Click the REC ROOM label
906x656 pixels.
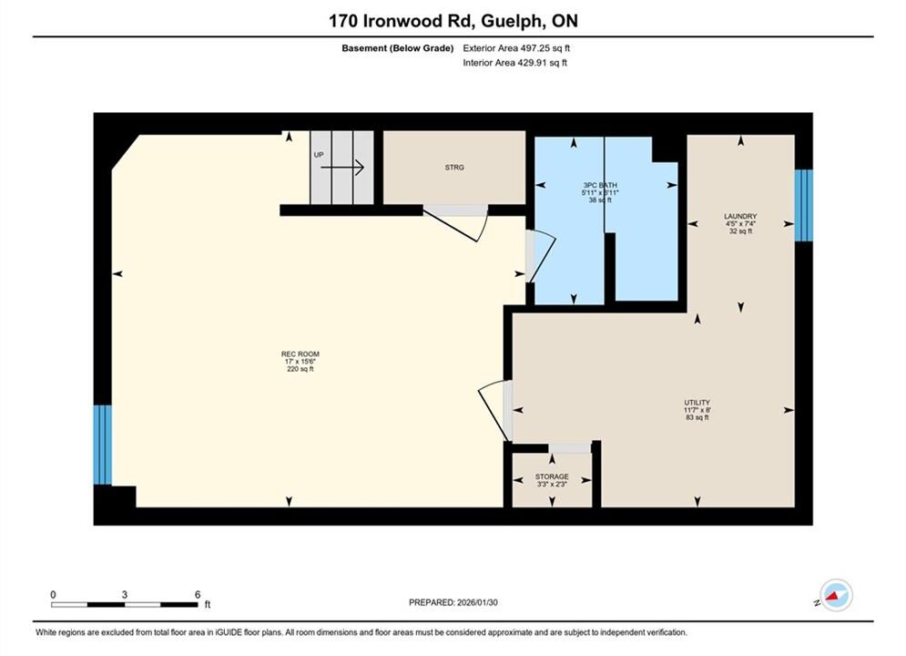[300, 354]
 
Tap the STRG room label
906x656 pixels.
[454, 167]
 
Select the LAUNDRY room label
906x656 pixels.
[740, 216]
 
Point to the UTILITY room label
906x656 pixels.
[697, 403]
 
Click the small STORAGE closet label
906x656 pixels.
[552, 477]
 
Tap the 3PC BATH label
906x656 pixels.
[600, 185]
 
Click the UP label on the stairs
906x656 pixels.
[319, 155]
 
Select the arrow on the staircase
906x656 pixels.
[342, 168]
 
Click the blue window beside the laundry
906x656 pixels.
[804, 205]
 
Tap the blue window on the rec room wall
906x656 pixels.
[102, 445]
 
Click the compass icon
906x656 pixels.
[836, 595]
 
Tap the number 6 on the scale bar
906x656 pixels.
[198, 594]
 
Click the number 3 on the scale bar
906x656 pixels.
[124, 594]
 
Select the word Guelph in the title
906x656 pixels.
[511, 21]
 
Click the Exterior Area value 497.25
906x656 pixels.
[535, 48]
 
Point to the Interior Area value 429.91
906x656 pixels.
[532, 63]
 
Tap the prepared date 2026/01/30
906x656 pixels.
[477, 602]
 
